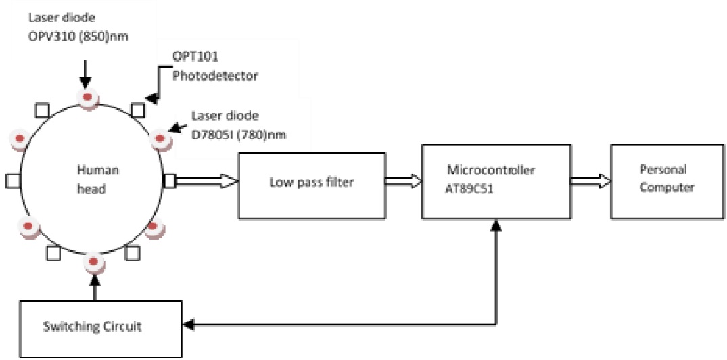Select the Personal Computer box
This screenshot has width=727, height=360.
coord(663,181)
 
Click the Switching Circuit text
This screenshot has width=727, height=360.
coord(92,326)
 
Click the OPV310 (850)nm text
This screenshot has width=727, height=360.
coord(78,37)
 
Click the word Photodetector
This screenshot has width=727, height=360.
coord(215,76)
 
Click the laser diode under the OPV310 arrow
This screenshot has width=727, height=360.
coord(88,99)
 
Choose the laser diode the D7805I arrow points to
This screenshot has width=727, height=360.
coord(160,139)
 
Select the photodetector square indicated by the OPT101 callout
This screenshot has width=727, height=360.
coord(138,109)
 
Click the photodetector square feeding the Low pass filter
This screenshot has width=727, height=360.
coord(169,181)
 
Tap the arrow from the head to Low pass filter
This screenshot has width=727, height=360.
coord(206,181)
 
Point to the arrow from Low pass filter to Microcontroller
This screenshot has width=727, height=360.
coord(403,181)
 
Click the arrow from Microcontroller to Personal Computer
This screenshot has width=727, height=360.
coord(591,181)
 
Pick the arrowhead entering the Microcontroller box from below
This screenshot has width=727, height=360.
coord(497,225)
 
